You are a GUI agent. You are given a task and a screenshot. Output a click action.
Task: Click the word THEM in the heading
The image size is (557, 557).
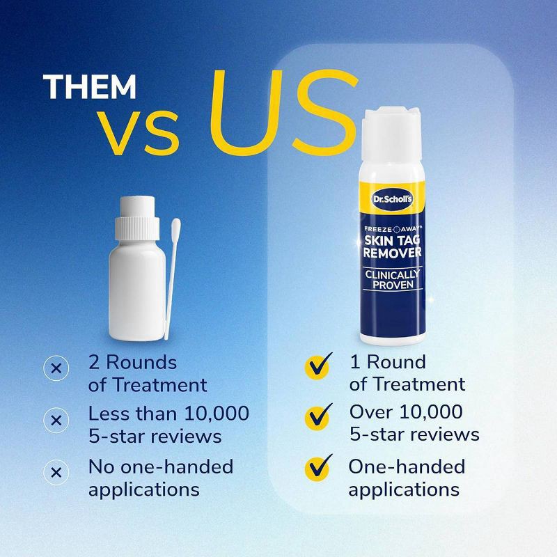pos(90,87)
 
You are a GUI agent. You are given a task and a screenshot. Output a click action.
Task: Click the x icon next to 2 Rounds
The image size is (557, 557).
pos(56,368)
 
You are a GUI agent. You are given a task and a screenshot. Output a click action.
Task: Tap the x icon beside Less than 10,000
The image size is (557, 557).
pos(56,420)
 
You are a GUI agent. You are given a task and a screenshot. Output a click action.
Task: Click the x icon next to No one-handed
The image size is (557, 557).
pos(56,471)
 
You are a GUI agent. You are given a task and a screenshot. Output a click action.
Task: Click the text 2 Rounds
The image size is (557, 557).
pos(132,362)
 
